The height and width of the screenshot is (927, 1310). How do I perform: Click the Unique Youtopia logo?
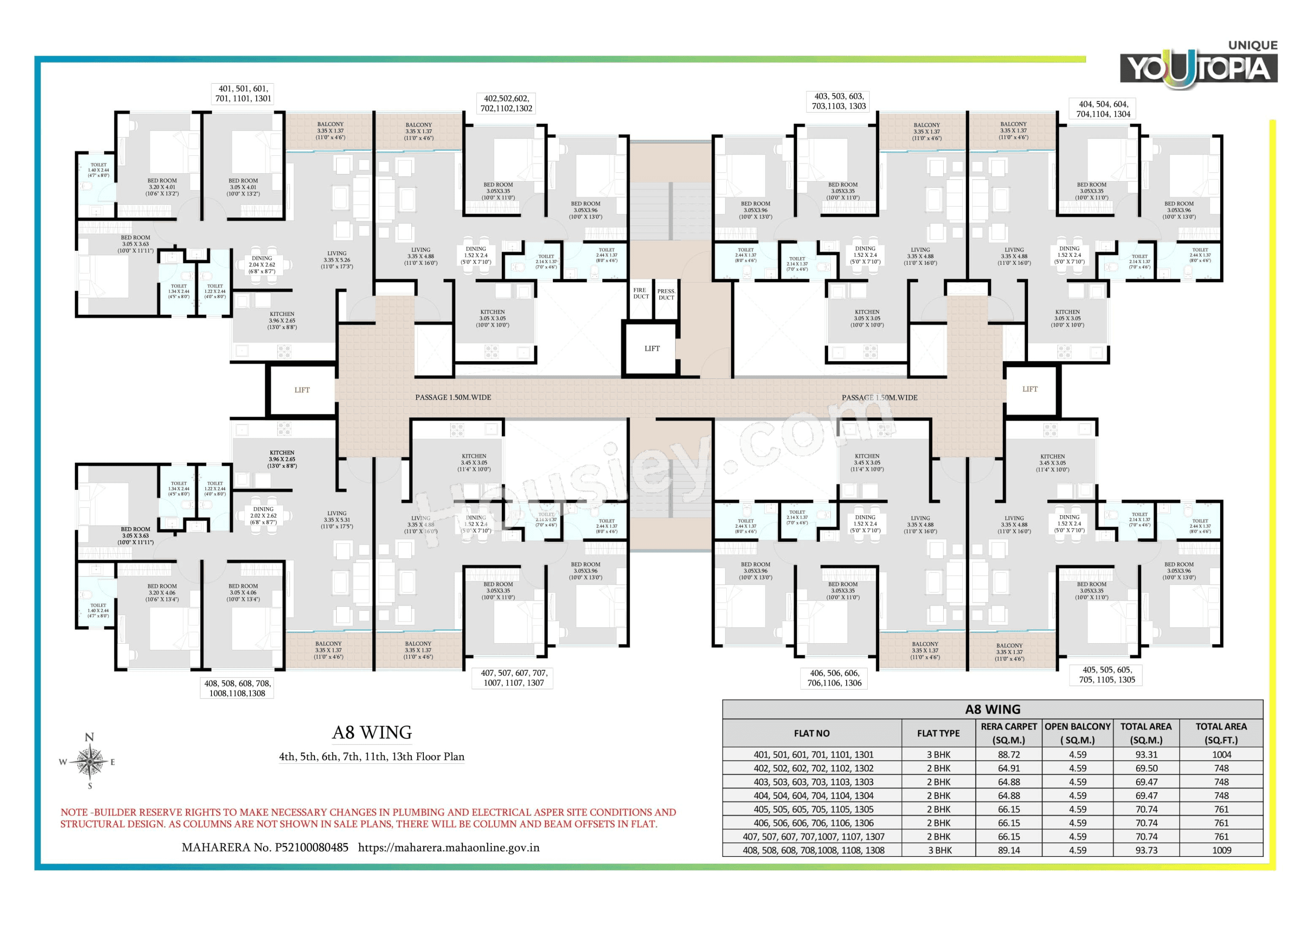1198,65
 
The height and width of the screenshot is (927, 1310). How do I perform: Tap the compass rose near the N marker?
89,761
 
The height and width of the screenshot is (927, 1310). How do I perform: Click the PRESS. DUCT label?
666,294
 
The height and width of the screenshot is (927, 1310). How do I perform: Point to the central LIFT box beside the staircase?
652,349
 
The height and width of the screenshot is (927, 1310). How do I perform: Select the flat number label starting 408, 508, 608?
237,688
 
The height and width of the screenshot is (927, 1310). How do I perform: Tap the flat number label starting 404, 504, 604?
1103,109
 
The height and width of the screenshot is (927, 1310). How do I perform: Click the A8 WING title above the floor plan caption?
372,732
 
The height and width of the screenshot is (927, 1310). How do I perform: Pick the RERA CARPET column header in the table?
1008,733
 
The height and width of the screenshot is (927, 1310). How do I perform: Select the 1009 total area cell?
1221,850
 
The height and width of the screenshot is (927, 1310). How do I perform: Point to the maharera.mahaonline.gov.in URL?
449,848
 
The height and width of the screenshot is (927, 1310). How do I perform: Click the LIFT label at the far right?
1029,389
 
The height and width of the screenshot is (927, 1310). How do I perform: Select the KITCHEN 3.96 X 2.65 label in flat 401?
282,320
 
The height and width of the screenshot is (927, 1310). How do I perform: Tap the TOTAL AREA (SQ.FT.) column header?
1221,733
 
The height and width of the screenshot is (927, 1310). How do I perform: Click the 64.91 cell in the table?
1008,768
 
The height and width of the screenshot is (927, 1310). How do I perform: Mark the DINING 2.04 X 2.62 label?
262,265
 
